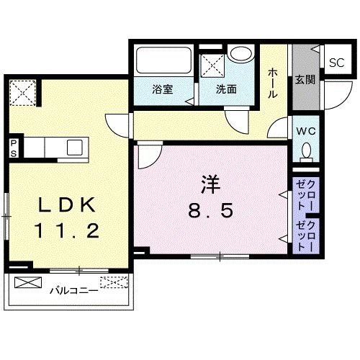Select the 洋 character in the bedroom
(x=210, y=184)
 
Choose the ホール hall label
(x=274, y=83)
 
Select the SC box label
(x=336, y=63)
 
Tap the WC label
(x=305, y=132)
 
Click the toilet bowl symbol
(x=306, y=153)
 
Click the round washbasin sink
(x=240, y=54)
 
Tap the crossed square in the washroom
(x=215, y=66)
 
